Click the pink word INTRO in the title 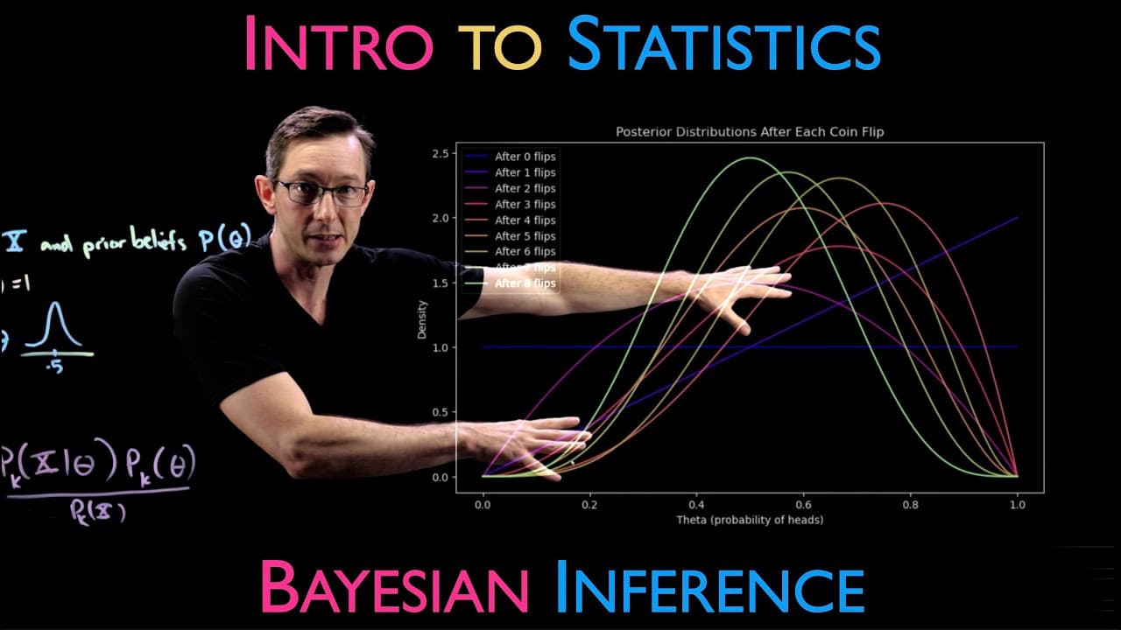(x=337, y=44)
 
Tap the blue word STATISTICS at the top (x=723, y=44)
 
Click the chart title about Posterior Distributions (x=750, y=132)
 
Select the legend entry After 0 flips (x=525, y=157)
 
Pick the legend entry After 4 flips (x=525, y=220)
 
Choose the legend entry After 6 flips (x=525, y=252)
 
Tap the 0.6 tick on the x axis (x=803, y=505)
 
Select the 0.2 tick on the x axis (x=589, y=505)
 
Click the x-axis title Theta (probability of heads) (x=750, y=520)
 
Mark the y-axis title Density (x=423, y=320)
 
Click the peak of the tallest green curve (x=750, y=158)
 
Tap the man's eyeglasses (x=321, y=192)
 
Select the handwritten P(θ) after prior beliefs (x=222, y=240)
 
